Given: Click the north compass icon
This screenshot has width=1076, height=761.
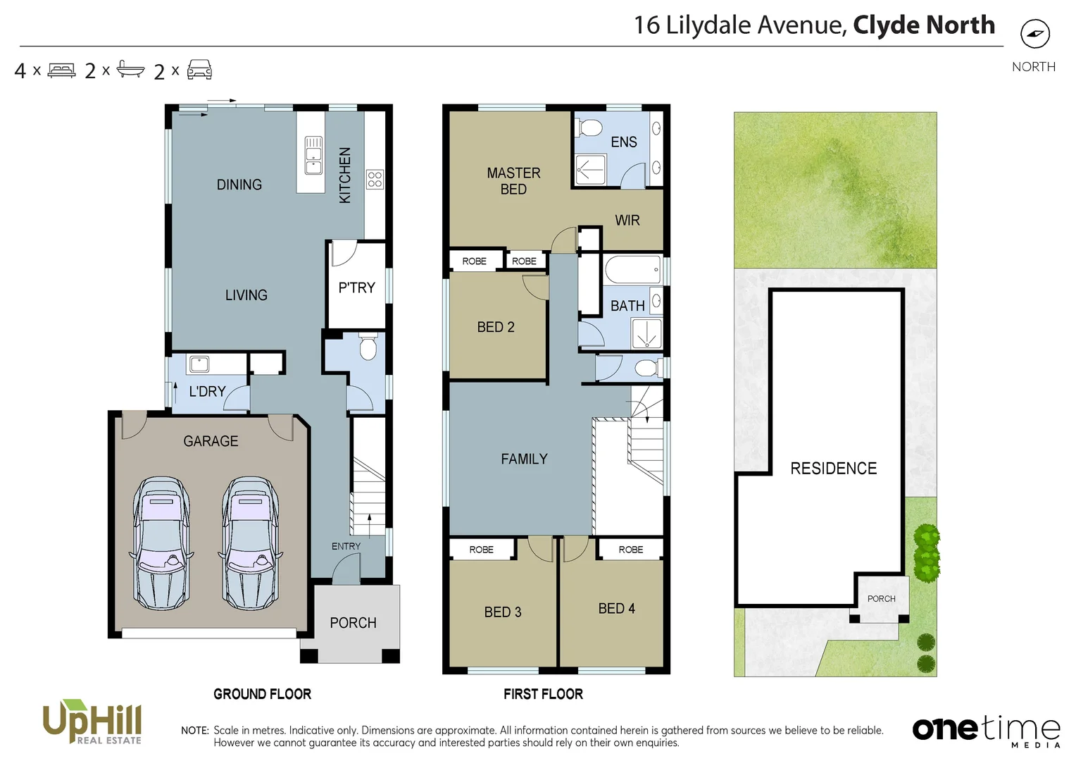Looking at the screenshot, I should [x=1034, y=33].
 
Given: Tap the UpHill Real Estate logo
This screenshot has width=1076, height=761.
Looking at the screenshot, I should [x=92, y=722].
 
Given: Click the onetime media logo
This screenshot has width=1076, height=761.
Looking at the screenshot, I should [x=986, y=729].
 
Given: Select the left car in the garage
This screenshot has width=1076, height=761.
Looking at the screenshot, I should [x=161, y=543].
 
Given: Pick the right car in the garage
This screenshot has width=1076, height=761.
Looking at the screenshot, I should [x=250, y=543].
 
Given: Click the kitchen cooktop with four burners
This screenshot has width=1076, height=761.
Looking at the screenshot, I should [x=375, y=179].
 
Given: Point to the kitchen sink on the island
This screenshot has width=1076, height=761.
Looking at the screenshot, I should [x=313, y=155].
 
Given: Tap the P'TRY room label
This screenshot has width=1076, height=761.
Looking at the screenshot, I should [x=356, y=287].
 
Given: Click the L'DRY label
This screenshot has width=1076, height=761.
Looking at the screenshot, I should [x=207, y=391].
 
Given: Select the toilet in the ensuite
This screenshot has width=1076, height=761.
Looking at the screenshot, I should [x=589, y=128].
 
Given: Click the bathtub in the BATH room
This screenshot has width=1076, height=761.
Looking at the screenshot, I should [x=632, y=270].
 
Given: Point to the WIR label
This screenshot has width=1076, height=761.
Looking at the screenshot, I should [x=627, y=221].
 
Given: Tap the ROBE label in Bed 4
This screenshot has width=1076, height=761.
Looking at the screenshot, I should [x=630, y=550].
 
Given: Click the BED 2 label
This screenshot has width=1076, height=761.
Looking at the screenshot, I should [x=495, y=327].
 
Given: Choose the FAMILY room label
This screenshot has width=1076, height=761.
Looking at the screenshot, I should [x=524, y=459].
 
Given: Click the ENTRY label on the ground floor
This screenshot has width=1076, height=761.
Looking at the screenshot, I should [x=346, y=546].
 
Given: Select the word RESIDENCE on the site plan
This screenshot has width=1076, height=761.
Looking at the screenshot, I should [x=833, y=469].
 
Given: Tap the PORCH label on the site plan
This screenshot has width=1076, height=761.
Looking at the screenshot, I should [x=881, y=598].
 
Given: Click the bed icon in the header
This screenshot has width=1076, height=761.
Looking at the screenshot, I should [x=61, y=70].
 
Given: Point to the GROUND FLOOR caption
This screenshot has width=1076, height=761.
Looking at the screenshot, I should [x=262, y=694].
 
